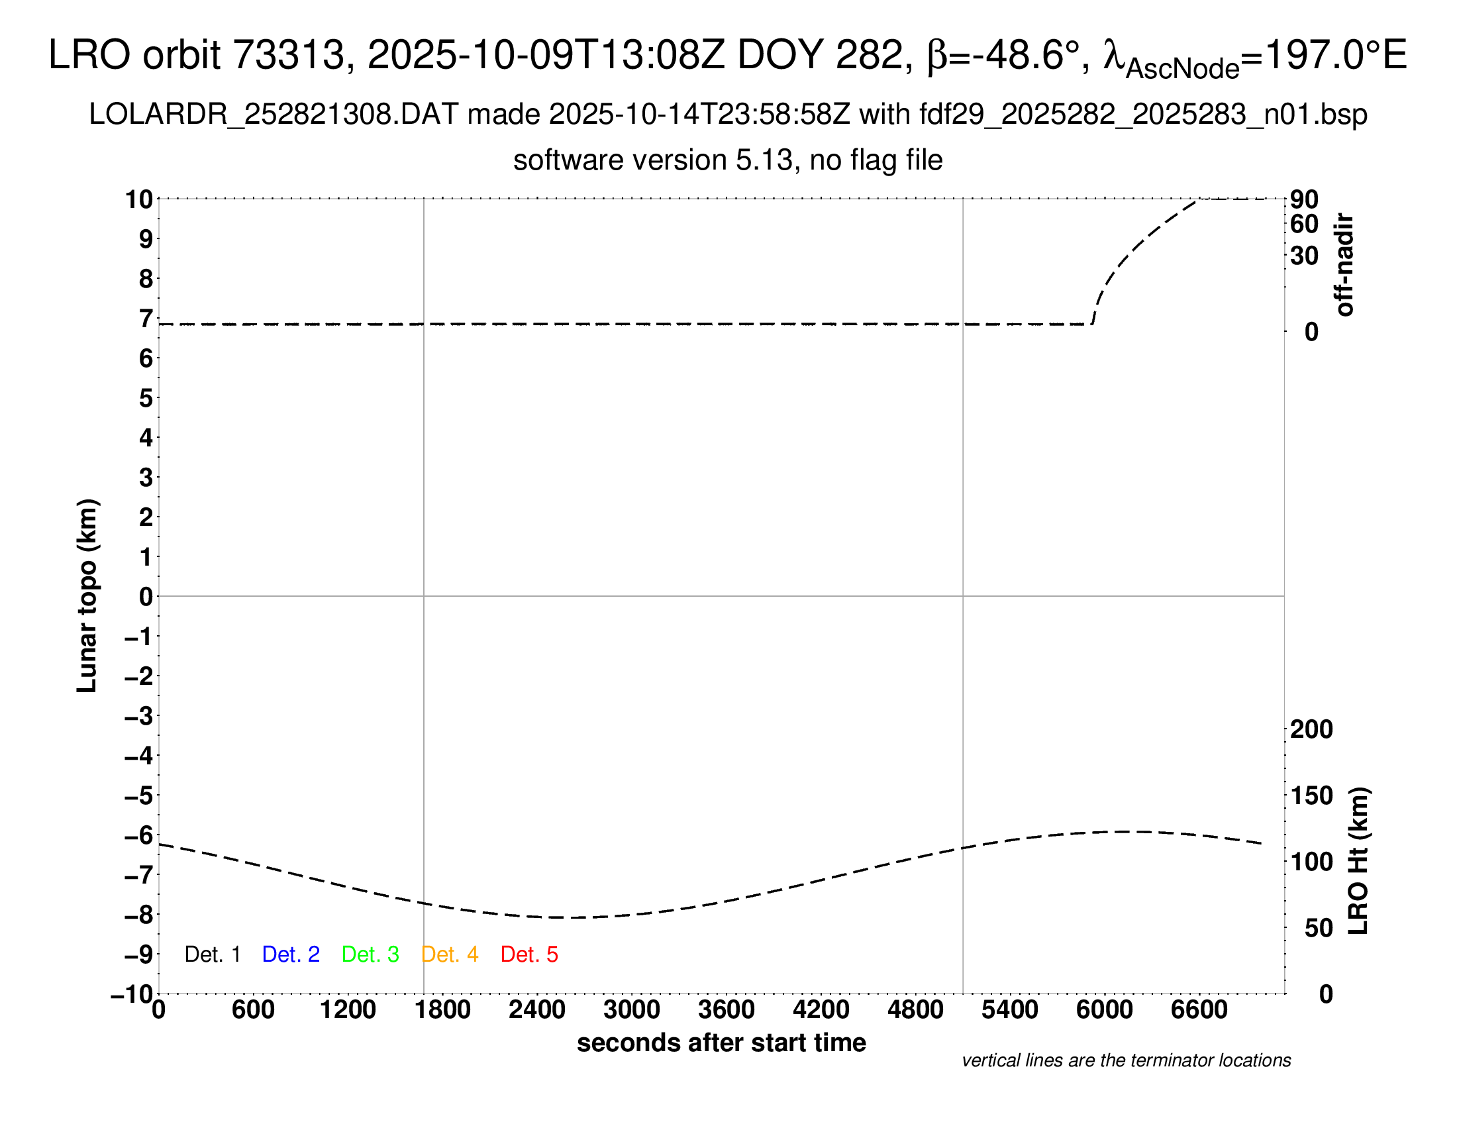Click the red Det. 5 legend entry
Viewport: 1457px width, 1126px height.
[x=529, y=954]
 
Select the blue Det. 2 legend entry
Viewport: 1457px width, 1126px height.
[x=291, y=954]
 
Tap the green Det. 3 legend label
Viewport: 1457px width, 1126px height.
[x=370, y=954]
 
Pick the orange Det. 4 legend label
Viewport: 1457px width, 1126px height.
[x=450, y=954]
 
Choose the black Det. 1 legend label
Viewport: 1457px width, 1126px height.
[x=212, y=954]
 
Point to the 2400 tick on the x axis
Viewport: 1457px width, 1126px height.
[x=537, y=1010]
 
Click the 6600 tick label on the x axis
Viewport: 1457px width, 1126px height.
[x=1199, y=1010]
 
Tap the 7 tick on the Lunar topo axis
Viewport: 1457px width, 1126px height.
[x=146, y=319]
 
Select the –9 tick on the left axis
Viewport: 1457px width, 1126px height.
[x=139, y=954]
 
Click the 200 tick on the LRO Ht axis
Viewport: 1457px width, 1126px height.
[x=1311, y=729]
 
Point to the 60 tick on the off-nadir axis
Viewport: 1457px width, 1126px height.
[x=1304, y=224]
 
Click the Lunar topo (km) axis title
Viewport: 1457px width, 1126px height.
[x=87, y=595]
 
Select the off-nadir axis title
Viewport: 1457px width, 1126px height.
[x=1344, y=265]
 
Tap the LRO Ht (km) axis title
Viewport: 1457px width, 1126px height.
[x=1358, y=861]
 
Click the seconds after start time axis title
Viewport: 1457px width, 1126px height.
[x=721, y=1043]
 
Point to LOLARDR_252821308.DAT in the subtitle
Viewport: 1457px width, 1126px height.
[x=274, y=115]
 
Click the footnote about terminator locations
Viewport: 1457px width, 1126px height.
[x=1126, y=1060]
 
